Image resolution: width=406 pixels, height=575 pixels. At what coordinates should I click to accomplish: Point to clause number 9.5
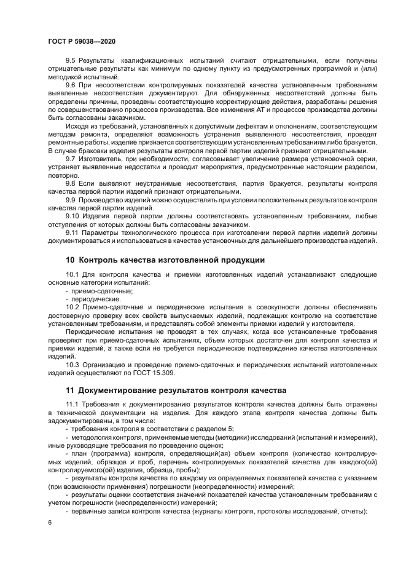click(70, 60)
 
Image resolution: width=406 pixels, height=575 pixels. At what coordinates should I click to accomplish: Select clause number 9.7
click(70, 159)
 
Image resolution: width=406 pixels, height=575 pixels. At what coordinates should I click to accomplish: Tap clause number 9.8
click(70, 184)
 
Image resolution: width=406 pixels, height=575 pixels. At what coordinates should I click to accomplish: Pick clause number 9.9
click(70, 200)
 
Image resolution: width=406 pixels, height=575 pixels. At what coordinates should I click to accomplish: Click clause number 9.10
click(72, 216)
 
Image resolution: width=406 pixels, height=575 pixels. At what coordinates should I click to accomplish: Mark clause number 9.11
click(72, 232)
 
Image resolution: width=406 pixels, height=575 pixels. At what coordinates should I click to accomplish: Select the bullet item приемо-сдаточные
click(91, 290)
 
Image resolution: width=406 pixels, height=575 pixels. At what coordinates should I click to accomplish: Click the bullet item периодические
click(89, 298)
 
